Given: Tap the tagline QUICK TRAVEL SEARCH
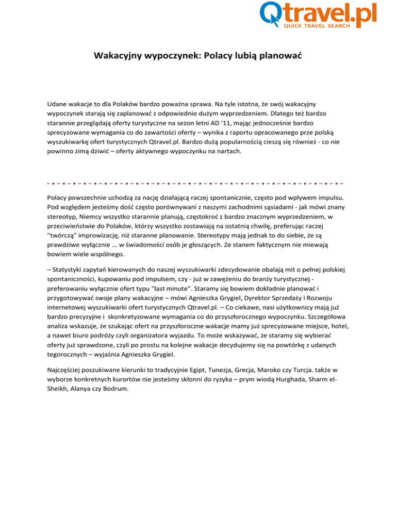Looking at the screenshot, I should click(x=317, y=25).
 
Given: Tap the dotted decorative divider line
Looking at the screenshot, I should click(x=197, y=181).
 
